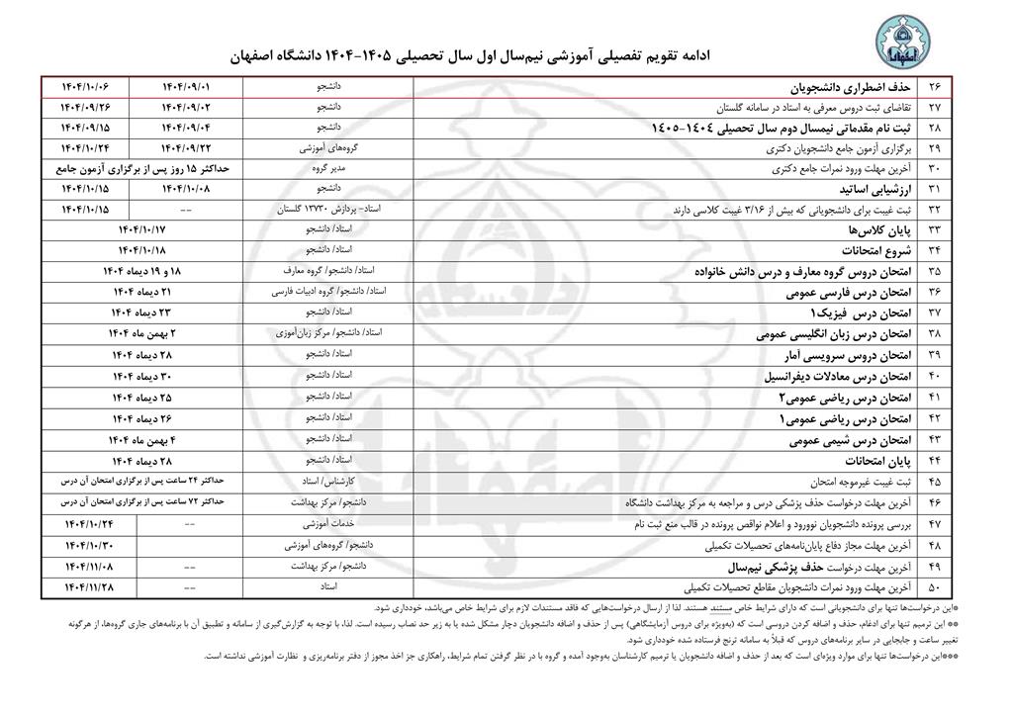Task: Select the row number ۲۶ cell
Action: point(935,87)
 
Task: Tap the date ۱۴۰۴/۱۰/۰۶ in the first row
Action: point(99,87)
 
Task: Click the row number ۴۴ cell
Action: point(935,461)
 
